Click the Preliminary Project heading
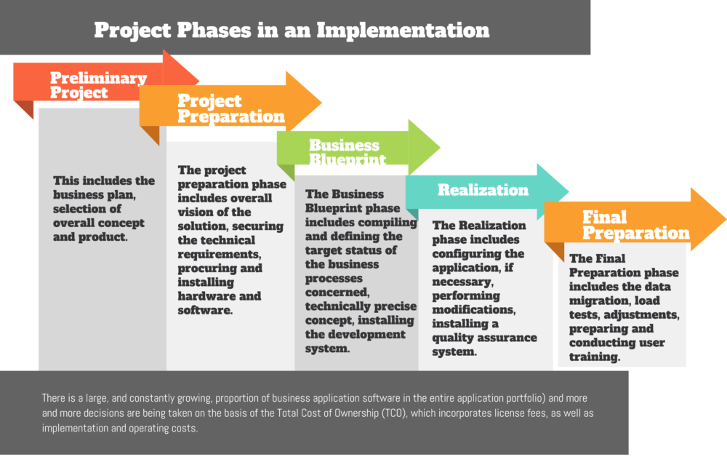(97, 85)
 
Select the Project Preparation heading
(230, 108)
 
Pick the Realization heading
(483, 190)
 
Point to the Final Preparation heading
(635, 225)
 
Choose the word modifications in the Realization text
(474, 310)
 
